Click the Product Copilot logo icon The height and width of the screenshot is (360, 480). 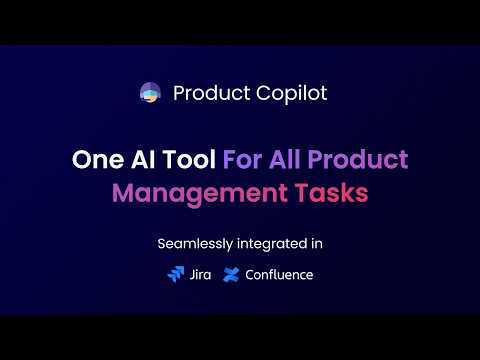pyautogui.click(x=151, y=94)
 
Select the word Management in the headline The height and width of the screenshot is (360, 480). pyautogui.click(x=202, y=192)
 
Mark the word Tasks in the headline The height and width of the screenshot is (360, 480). pyautogui.click(x=326, y=192)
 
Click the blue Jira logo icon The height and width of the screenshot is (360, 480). pyautogui.click(x=176, y=274)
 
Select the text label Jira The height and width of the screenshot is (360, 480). pyautogui.click(x=199, y=274)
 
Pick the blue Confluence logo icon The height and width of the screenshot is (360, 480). pyautogui.click(x=231, y=274)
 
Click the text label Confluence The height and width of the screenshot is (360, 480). pyautogui.click(x=279, y=274)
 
